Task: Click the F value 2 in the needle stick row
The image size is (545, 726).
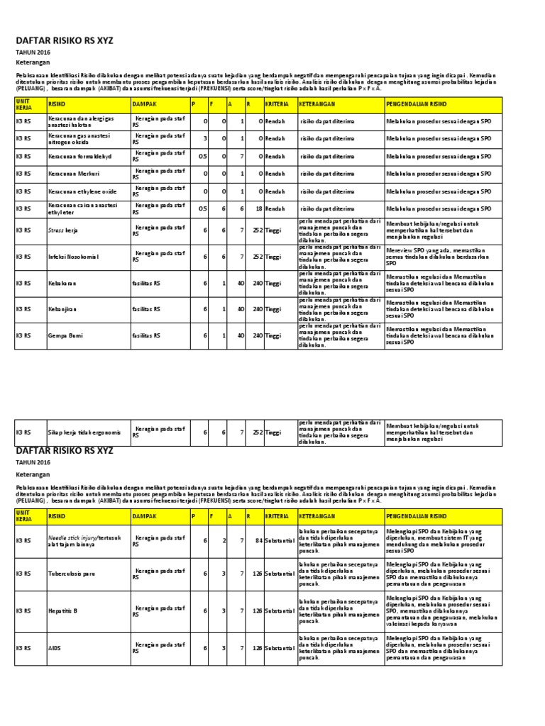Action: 224,540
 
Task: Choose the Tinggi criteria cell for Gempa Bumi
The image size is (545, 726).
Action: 273,335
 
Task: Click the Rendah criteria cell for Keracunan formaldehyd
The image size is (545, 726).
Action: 275,156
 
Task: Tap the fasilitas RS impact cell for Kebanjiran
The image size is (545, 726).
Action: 146,309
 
